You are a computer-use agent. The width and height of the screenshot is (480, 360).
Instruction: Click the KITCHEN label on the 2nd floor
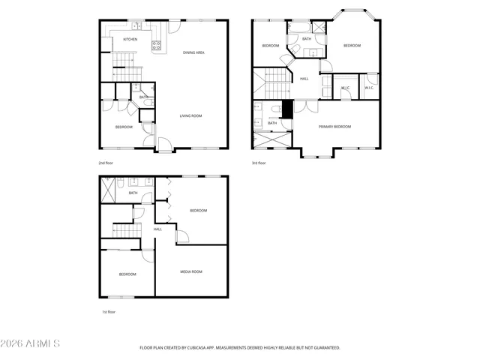click(130, 39)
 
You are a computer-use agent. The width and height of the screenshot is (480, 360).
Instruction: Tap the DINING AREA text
click(194, 52)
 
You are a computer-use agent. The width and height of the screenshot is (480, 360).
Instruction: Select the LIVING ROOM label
click(190, 115)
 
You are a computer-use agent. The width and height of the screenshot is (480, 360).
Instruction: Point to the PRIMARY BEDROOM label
click(334, 127)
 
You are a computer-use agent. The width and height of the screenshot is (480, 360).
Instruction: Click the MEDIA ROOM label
click(191, 271)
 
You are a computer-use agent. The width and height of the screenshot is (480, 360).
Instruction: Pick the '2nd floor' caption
click(106, 163)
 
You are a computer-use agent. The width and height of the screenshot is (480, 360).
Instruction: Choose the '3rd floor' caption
click(259, 163)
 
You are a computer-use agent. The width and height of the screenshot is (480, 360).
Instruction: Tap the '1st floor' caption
click(109, 311)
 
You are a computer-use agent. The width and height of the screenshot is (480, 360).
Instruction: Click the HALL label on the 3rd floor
click(304, 79)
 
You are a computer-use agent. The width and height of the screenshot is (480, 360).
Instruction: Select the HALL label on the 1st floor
click(157, 229)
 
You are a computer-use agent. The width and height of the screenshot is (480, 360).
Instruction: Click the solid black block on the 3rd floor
click(286, 107)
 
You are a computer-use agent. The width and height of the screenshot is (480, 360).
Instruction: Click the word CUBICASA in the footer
click(203, 348)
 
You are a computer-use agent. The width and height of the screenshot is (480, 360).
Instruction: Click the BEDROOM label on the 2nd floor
click(124, 127)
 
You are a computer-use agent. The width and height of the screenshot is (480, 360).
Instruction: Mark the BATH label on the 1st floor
click(133, 193)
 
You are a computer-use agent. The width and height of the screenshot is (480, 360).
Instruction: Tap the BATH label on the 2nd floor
click(142, 97)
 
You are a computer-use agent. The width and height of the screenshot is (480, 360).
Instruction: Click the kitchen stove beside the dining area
click(157, 46)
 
